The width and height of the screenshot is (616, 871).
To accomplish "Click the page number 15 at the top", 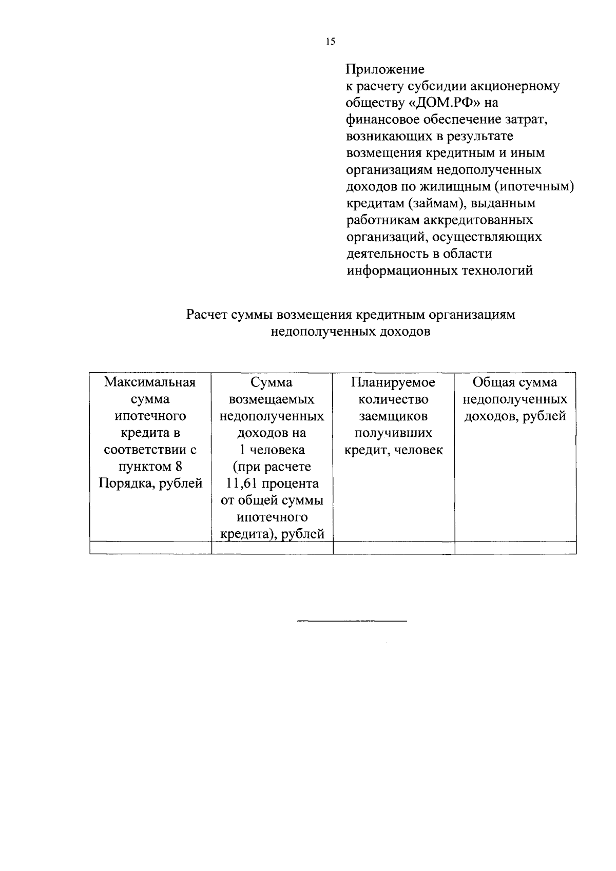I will (330, 42).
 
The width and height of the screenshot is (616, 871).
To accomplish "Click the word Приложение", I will (385, 69).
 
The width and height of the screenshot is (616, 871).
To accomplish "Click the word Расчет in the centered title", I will (207, 315).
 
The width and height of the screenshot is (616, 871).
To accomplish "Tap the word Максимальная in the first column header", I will (150, 382).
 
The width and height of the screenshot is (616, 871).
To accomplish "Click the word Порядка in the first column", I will (122, 483).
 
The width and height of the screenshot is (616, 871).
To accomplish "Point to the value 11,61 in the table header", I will (240, 483).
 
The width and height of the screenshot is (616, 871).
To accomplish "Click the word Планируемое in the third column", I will (393, 382).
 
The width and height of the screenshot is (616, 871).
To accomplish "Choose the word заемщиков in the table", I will (393, 416).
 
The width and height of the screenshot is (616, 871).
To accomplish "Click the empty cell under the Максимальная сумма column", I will (150, 548).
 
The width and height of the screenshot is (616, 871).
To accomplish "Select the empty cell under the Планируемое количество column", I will (394, 548).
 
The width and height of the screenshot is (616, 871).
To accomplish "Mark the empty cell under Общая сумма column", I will (515, 548).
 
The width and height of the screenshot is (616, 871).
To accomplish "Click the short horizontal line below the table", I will (352, 622).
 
